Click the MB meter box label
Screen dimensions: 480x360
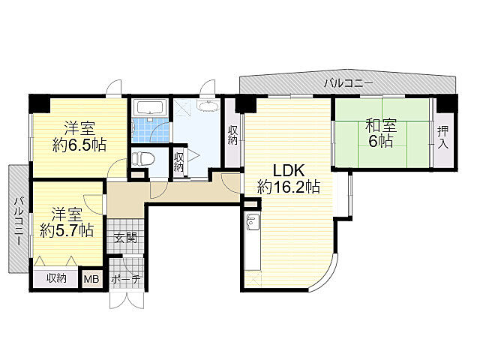(91, 279)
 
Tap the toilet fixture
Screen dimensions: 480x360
(143, 159)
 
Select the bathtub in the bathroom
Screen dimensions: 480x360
(150, 108)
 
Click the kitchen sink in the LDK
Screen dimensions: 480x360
(253, 222)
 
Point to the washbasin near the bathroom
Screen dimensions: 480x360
(208, 106)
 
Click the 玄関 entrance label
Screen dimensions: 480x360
(125, 238)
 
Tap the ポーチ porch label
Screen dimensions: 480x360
(126, 279)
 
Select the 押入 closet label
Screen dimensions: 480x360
(443, 137)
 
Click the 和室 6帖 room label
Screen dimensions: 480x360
(381, 133)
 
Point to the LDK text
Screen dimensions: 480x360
(289, 170)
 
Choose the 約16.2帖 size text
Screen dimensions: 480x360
(289, 187)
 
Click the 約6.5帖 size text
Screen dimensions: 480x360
(79, 145)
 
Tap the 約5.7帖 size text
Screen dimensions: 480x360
(67, 230)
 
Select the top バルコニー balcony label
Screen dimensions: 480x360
(349, 83)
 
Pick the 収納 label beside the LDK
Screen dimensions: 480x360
(233, 135)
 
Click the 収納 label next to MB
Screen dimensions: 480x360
(57, 278)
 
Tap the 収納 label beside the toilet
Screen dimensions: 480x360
(178, 162)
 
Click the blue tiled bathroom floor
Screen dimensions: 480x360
(150, 130)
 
